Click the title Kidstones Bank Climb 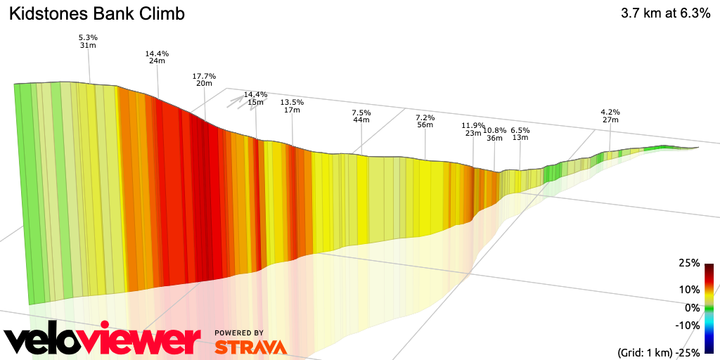pos(97,14)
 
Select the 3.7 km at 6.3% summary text pos(665,14)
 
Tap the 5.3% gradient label pos(87,37)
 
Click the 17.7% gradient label pos(204,76)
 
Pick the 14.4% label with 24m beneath pos(157,53)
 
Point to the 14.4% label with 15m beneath pos(256,95)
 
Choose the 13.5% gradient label pos(292,102)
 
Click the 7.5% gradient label pos(361,112)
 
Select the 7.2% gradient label pos(425,117)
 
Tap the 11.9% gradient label pos(473,126)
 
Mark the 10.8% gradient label pos(494,130)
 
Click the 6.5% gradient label pos(520,130)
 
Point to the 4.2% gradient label pos(610,112)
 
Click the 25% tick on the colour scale pos(689,263)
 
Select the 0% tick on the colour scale pos(692,307)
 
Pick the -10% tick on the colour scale pos(688,325)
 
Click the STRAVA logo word pos(250,347)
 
